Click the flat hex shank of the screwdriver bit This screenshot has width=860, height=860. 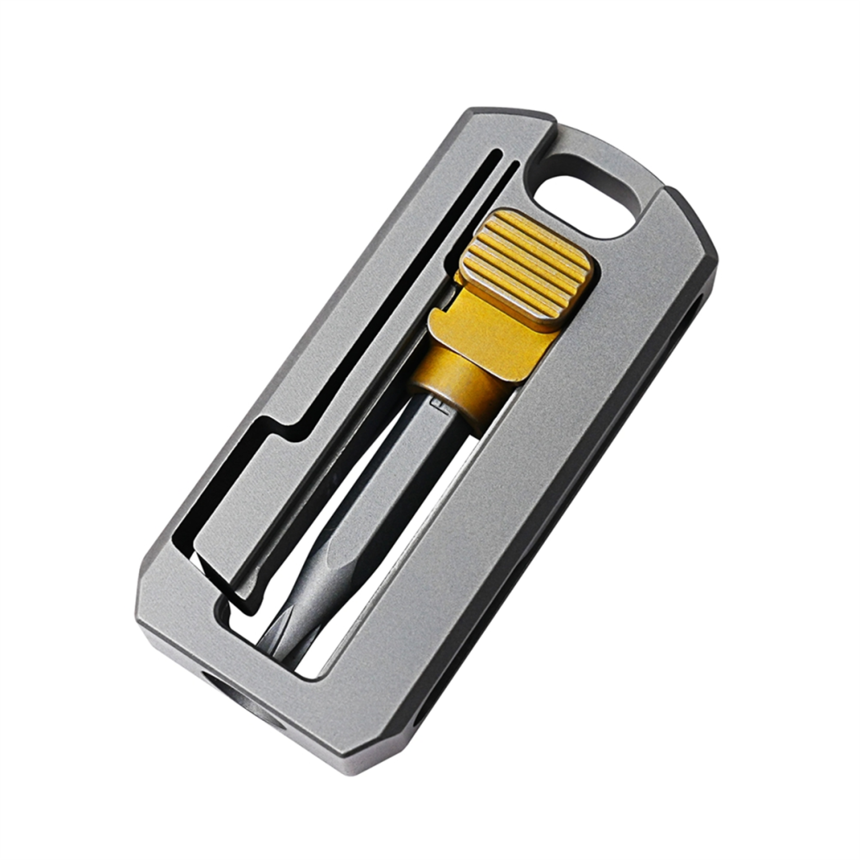click(408, 460)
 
